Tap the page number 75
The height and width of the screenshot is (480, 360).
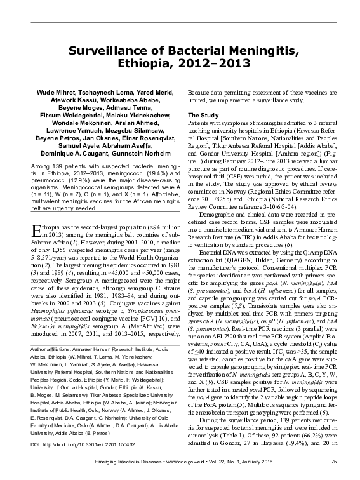coord(333,469)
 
